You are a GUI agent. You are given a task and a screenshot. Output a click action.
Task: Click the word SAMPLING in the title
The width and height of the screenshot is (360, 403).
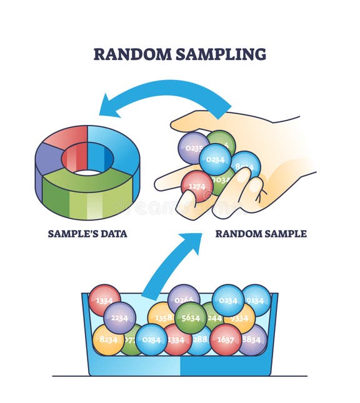click(x=221, y=54)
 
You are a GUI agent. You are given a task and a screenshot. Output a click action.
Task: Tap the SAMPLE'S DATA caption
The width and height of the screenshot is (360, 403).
click(x=87, y=234)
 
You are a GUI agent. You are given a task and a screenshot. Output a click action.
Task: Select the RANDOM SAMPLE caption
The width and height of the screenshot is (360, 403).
click(x=261, y=234)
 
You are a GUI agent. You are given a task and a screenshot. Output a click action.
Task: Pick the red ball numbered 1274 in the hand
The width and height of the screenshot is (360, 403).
click(x=197, y=186)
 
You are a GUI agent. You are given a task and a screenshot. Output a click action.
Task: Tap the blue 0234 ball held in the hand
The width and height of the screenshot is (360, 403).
click(x=216, y=159)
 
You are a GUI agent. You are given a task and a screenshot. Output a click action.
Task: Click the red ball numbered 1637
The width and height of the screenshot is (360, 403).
click(x=226, y=339)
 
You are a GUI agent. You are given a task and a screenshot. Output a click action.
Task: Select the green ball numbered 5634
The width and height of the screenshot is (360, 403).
click(x=191, y=317)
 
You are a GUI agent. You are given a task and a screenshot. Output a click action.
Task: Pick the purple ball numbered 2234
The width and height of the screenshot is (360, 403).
click(x=119, y=317)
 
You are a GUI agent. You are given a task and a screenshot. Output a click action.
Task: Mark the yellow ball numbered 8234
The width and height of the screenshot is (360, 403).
click(x=108, y=339)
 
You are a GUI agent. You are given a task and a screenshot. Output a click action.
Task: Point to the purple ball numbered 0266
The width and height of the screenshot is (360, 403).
click(x=184, y=299)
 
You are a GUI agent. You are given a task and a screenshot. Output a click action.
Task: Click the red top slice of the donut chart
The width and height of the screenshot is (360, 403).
click(x=66, y=136)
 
